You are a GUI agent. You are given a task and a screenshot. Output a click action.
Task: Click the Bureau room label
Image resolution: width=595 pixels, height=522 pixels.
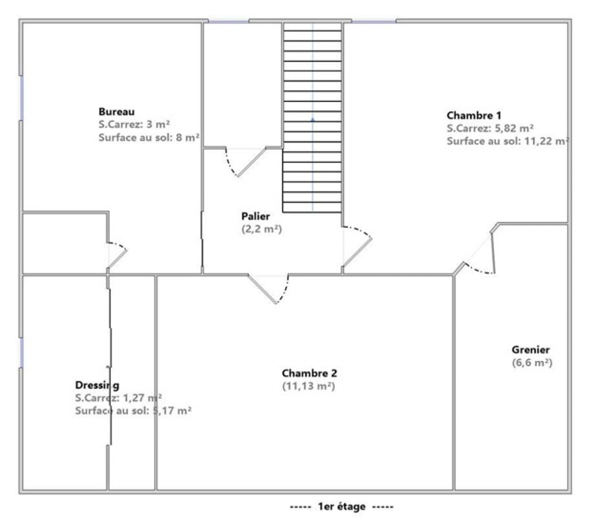click(x=117, y=112)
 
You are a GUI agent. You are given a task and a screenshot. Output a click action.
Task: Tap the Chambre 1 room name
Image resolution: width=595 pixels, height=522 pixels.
click(x=473, y=116)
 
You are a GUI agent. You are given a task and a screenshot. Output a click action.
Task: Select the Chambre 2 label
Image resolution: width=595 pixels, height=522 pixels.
click(x=309, y=373)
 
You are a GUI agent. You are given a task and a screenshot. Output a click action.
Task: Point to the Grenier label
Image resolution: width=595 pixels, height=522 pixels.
click(x=531, y=350)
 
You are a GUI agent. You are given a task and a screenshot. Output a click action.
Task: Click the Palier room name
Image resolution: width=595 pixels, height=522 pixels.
click(x=256, y=217)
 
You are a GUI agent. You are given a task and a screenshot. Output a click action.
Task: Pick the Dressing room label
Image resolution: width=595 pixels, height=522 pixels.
click(x=97, y=385)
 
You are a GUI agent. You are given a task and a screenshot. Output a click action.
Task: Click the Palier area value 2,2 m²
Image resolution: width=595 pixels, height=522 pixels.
click(x=261, y=229)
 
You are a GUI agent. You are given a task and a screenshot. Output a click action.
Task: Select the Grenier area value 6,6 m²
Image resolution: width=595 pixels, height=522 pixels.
click(x=532, y=362)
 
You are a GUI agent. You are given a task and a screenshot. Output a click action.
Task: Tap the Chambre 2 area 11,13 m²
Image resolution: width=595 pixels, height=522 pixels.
click(x=309, y=386)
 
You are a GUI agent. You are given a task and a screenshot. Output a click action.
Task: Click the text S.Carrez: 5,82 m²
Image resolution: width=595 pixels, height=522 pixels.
click(x=490, y=129)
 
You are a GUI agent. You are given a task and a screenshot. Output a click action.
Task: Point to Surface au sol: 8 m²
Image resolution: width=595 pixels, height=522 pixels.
click(x=149, y=137)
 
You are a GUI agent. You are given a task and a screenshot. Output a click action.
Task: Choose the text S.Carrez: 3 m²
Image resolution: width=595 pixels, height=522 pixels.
click(x=134, y=124)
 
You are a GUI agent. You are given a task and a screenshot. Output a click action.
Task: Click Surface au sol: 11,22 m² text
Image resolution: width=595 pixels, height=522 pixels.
click(x=507, y=141)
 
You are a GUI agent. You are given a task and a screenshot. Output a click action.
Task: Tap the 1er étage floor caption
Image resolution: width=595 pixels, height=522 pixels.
click(x=341, y=507)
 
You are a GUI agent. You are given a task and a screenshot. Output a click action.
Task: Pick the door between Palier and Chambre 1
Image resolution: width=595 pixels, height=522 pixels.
click(x=358, y=246)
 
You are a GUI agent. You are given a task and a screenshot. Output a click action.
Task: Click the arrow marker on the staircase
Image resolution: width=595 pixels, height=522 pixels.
click(x=312, y=118)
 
